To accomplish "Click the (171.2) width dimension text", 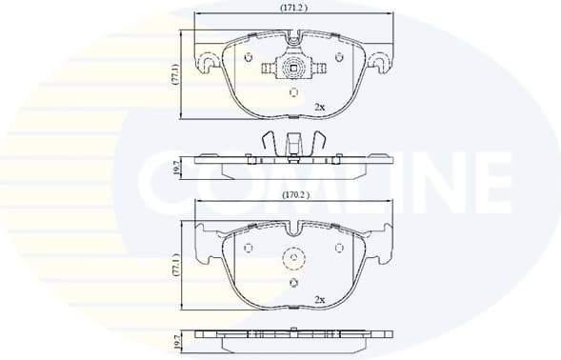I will tap(293, 8).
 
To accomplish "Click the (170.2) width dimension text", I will tap(293, 196).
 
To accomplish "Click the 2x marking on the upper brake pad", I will tap(320, 106).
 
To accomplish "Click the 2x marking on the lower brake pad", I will tap(320, 299).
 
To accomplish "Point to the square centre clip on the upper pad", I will tap(292, 69).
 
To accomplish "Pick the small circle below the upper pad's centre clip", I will tap(292, 93).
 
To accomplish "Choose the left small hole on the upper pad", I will tap(249, 58).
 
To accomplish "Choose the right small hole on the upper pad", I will tap(340, 58).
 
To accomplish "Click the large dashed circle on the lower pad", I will tap(292, 260).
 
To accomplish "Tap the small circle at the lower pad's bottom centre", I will tap(292, 283).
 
